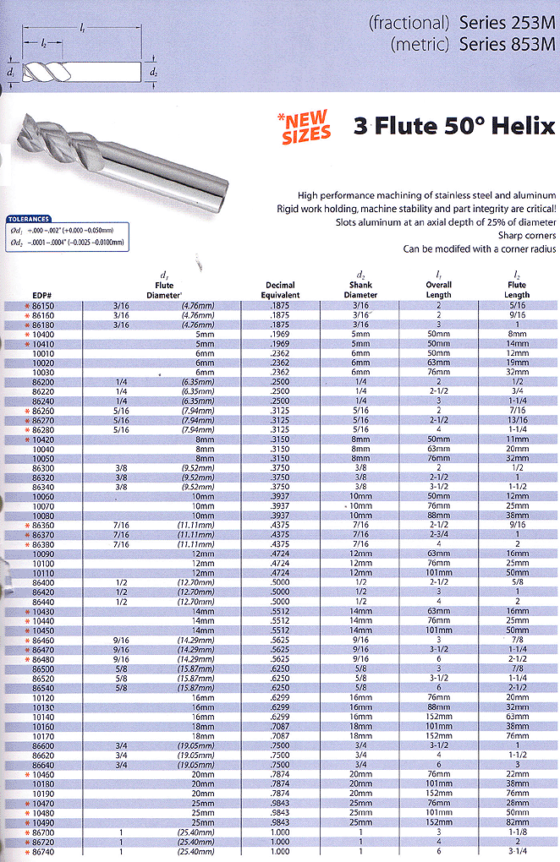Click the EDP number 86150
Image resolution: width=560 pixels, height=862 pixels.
pos(43,304)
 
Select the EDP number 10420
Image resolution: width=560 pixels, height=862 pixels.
pos(43,439)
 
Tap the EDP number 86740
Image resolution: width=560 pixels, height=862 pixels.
pos(43,852)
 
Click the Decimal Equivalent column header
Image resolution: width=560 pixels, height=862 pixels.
pos(280,290)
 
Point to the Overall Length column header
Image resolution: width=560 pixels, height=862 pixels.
pos(439,290)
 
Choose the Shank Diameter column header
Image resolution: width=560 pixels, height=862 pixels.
pos(360,290)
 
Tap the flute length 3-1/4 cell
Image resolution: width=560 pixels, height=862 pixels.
pos(516,852)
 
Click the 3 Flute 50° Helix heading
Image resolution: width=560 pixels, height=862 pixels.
pos(454,127)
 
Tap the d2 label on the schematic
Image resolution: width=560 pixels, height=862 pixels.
pos(153,73)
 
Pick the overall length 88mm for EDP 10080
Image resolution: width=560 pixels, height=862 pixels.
pos(439,516)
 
